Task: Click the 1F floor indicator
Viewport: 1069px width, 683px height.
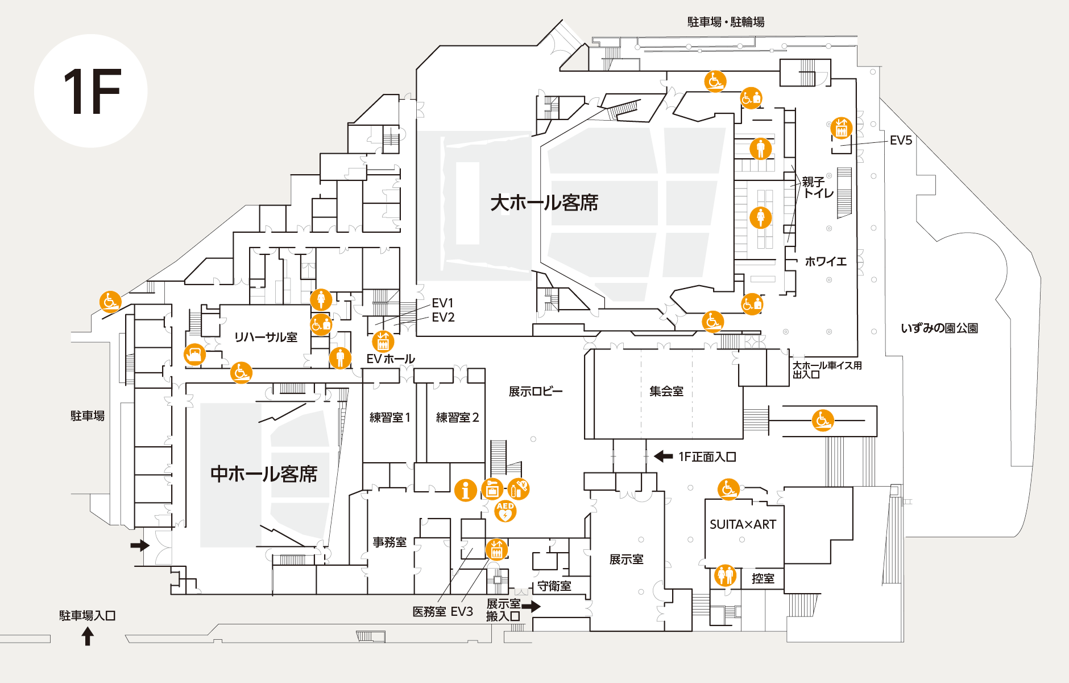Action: [91, 91]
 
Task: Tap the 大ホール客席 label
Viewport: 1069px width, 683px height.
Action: [544, 203]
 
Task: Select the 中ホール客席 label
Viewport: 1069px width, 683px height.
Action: [264, 474]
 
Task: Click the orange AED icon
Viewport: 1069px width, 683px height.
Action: [505, 511]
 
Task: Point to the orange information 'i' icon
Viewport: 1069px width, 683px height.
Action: [465, 489]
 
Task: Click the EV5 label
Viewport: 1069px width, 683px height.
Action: [901, 141]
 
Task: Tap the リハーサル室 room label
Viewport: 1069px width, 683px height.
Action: [266, 337]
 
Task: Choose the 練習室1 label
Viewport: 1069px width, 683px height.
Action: [390, 417]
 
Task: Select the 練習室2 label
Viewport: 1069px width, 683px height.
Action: [457, 417]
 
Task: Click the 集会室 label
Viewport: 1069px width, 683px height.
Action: [666, 391]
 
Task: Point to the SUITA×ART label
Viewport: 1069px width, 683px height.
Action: [743, 524]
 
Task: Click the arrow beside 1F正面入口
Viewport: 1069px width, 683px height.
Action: [663, 456]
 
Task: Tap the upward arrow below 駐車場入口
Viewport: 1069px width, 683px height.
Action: [88, 636]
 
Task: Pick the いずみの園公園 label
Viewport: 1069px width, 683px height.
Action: [939, 328]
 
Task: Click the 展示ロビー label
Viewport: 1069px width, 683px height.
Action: [535, 391]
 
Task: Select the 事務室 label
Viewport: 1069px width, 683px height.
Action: [390, 542]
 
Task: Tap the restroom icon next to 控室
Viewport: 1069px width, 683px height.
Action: [725, 575]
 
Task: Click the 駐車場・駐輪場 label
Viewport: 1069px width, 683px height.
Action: [726, 22]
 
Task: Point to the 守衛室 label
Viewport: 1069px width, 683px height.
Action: [554, 586]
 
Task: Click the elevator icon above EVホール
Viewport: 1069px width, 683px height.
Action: [383, 341]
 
